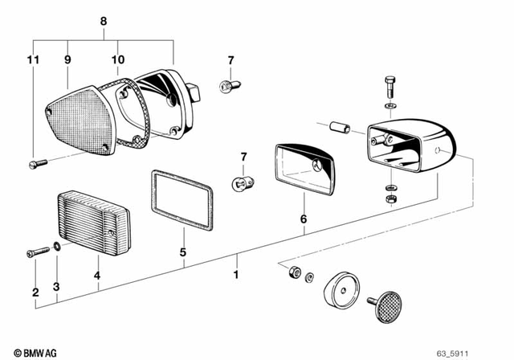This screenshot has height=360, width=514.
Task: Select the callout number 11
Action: tap(32, 59)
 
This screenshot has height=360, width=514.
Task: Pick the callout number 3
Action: tap(56, 287)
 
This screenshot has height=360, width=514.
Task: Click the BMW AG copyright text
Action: tap(25, 352)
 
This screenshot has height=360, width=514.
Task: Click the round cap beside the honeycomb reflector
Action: tap(340, 289)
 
